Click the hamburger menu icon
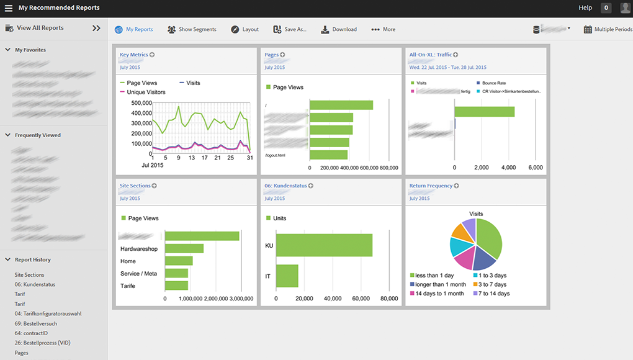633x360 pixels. [x=9, y=8]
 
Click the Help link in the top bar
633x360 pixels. [x=585, y=8]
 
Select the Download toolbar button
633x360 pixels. [x=339, y=29]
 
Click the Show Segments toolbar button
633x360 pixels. [x=192, y=29]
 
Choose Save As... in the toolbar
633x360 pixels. [x=290, y=29]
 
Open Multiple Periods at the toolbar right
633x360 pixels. [x=608, y=29]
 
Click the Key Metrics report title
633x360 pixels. [x=133, y=55]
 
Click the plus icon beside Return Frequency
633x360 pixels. [x=456, y=186]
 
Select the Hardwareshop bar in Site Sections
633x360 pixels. [x=184, y=248]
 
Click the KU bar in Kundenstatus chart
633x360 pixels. [x=324, y=245]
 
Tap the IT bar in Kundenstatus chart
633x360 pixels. [x=287, y=276]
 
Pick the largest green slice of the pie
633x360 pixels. [x=490, y=238]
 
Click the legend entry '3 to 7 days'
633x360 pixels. [x=492, y=284]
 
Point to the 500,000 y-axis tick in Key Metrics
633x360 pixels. [x=141, y=103]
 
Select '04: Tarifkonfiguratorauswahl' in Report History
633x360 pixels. [x=48, y=313]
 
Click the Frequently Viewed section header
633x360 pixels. [x=37, y=135]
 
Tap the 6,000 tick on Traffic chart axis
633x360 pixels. [x=535, y=168]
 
